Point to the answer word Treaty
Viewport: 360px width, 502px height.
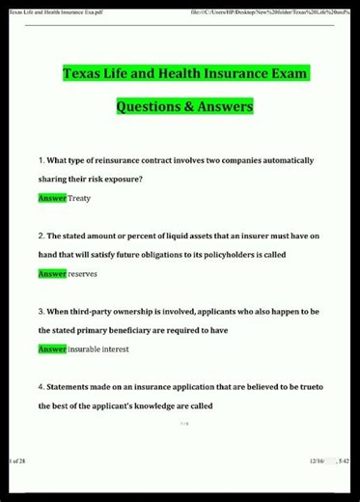point(81,197)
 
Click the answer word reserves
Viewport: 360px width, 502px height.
point(84,273)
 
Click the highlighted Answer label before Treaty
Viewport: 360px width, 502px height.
point(52,197)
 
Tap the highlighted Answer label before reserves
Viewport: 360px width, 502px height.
point(52,273)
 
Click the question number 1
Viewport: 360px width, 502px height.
point(41,159)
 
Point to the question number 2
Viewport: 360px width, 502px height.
point(41,236)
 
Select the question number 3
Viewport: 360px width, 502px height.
point(41,311)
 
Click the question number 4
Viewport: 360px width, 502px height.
point(41,386)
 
